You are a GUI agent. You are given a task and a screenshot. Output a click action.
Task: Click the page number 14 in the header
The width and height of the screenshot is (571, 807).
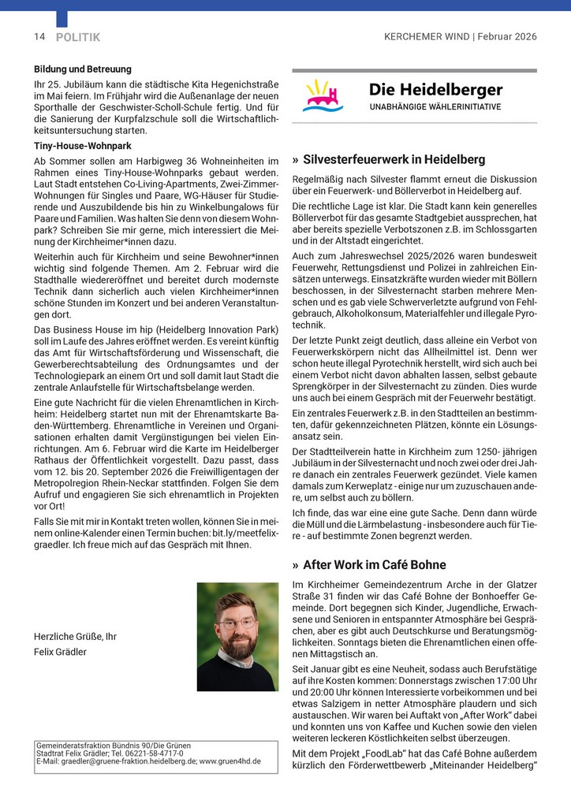39,37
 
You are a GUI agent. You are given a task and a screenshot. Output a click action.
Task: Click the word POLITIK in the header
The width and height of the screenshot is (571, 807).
78,37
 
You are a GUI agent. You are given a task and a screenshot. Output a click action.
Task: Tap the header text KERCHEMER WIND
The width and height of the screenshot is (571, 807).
426,37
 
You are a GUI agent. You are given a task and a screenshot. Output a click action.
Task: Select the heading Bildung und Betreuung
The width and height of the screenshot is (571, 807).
83,69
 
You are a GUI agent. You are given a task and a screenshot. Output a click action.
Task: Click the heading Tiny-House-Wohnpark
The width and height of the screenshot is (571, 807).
82,146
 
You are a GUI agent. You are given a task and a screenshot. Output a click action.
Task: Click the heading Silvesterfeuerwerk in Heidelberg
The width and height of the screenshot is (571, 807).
394,159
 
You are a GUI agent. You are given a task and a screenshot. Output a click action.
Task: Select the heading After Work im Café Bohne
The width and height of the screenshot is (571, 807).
375,565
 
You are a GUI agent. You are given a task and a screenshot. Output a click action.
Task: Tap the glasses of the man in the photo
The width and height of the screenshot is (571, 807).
237,623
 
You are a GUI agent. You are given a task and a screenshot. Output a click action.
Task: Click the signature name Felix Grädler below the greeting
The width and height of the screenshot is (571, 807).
62,652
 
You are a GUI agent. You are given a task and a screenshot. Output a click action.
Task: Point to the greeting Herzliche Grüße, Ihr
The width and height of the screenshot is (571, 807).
75,636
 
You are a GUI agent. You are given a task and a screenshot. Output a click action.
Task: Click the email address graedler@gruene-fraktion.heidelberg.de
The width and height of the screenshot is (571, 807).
124,761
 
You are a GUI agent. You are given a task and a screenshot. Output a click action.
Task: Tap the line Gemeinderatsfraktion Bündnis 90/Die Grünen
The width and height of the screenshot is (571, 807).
114,745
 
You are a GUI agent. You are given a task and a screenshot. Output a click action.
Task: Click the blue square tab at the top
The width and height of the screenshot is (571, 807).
62,17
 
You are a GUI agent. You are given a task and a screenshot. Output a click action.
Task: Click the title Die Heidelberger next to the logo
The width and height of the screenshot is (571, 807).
435,90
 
